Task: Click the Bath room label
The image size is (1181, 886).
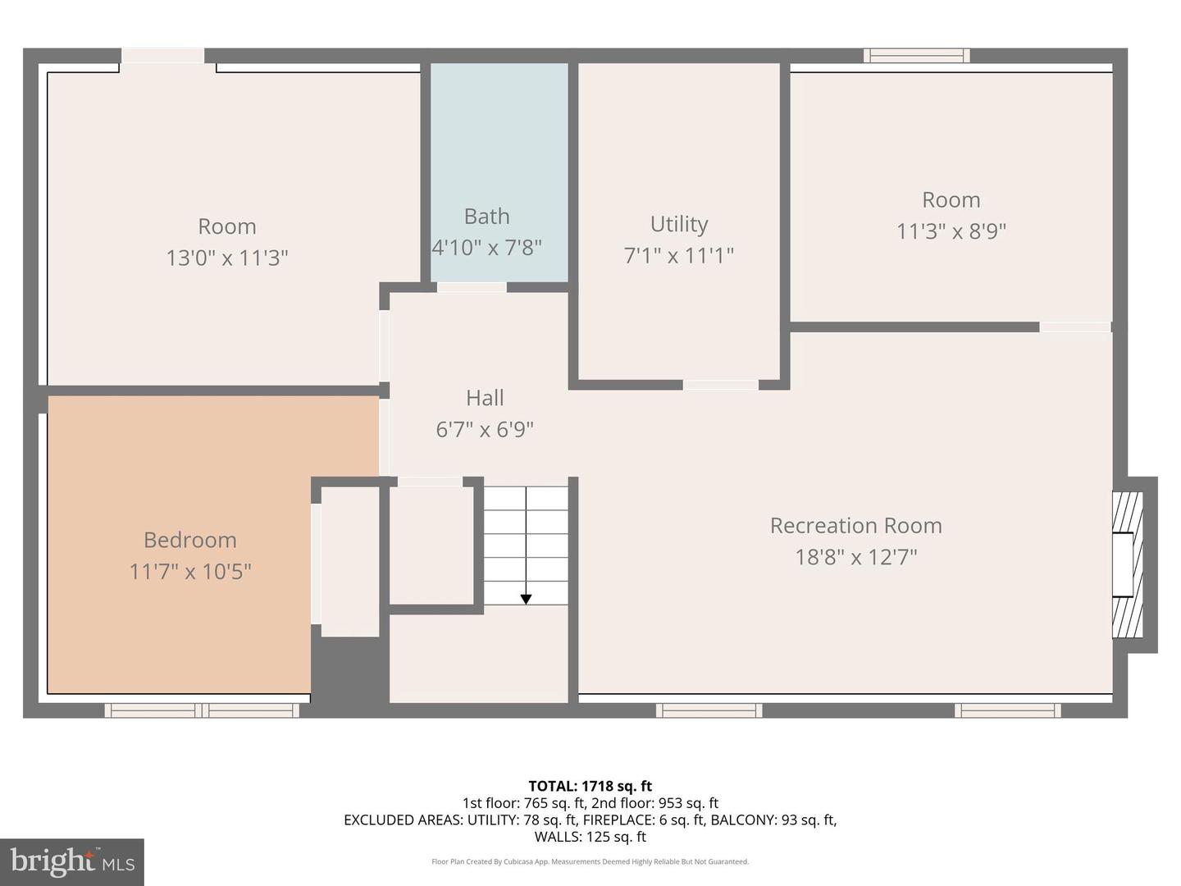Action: click(x=486, y=217)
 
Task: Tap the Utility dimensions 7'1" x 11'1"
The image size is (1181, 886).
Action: click(x=678, y=255)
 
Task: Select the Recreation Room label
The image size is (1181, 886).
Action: click(x=855, y=526)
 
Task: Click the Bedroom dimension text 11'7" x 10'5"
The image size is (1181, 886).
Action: click(x=189, y=571)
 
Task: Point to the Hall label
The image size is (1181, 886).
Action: click(x=485, y=398)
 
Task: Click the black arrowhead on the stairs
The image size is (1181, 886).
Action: click(x=526, y=600)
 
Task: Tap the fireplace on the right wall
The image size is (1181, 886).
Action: click(x=1128, y=565)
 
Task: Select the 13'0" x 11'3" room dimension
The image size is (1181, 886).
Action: click(x=227, y=258)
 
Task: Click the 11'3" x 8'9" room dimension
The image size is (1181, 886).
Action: click(x=951, y=231)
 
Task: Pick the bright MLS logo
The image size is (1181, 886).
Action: click(x=72, y=861)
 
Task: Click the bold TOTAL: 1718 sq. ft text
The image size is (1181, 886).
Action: click(x=590, y=786)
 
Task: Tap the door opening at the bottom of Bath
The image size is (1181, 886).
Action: click(x=472, y=287)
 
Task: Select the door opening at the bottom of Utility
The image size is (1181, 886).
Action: click(x=721, y=385)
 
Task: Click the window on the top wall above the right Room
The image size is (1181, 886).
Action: click(x=916, y=56)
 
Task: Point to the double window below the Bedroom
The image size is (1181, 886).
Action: click(x=202, y=710)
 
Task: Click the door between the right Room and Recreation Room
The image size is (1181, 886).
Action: click(x=1075, y=327)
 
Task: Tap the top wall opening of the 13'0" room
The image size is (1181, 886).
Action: click(x=163, y=56)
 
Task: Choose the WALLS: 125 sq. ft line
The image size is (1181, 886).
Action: click(x=590, y=837)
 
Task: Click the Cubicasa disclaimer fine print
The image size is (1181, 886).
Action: click(x=590, y=862)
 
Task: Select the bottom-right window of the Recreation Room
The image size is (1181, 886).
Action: click(x=1007, y=710)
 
